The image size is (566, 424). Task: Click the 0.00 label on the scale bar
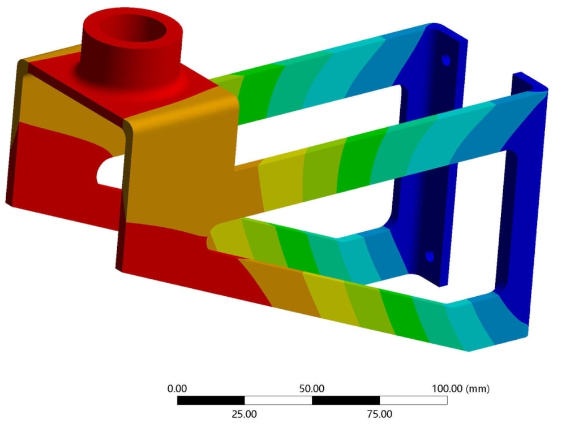177,389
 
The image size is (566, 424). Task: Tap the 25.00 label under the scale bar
245,414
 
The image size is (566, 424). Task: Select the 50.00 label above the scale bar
312,389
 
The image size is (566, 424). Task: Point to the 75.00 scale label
379,414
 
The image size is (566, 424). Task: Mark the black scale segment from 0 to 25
211,400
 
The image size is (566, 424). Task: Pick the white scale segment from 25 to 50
278,400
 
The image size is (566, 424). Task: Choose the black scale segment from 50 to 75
345,400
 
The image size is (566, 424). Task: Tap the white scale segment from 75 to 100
413,400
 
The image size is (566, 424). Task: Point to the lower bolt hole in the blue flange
430,257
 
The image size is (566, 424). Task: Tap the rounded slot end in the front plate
214,237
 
